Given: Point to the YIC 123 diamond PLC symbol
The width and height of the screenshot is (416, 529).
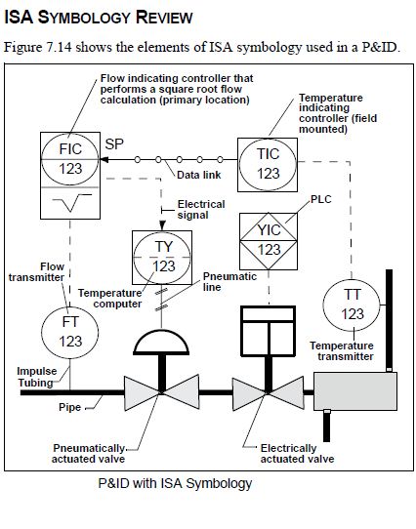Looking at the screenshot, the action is tap(269, 241).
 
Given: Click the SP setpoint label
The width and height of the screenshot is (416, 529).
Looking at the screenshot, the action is tap(114, 144).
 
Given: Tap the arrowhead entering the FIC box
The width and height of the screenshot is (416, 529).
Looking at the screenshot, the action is tap(104, 159).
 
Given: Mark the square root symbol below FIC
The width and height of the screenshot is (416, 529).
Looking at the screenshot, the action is tap(71, 202).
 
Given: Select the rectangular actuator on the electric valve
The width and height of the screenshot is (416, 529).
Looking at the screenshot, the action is tap(269, 331).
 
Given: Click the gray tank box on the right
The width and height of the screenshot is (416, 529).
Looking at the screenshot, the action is tap(355, 391).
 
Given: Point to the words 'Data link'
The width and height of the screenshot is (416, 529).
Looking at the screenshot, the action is tap(198, 175).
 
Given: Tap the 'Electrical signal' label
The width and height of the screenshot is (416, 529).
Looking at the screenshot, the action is tap(201, 210).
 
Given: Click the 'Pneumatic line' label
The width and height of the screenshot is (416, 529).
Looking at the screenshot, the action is tap(229, 282).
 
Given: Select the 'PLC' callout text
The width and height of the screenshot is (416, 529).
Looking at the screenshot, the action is tap(320, 199).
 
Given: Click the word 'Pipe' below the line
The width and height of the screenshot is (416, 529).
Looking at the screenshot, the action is tap(69, 407).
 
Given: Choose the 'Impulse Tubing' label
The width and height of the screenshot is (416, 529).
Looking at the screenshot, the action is tap(37, 377).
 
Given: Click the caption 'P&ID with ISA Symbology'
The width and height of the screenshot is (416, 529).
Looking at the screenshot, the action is tap(175, 483).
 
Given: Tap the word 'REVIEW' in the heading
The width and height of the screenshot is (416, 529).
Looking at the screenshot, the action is tap(164, 18).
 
